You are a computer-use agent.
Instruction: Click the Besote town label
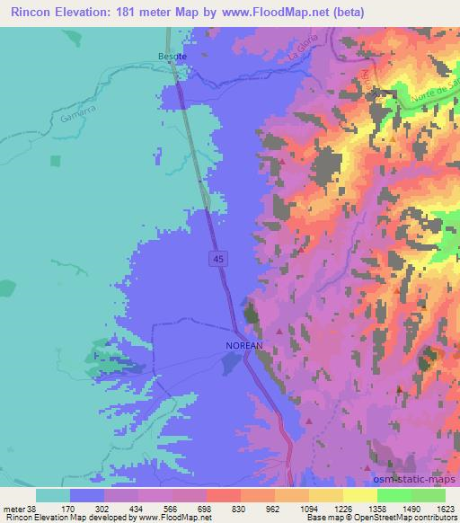172,55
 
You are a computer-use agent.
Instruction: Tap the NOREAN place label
243,345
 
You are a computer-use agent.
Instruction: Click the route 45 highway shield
219,259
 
